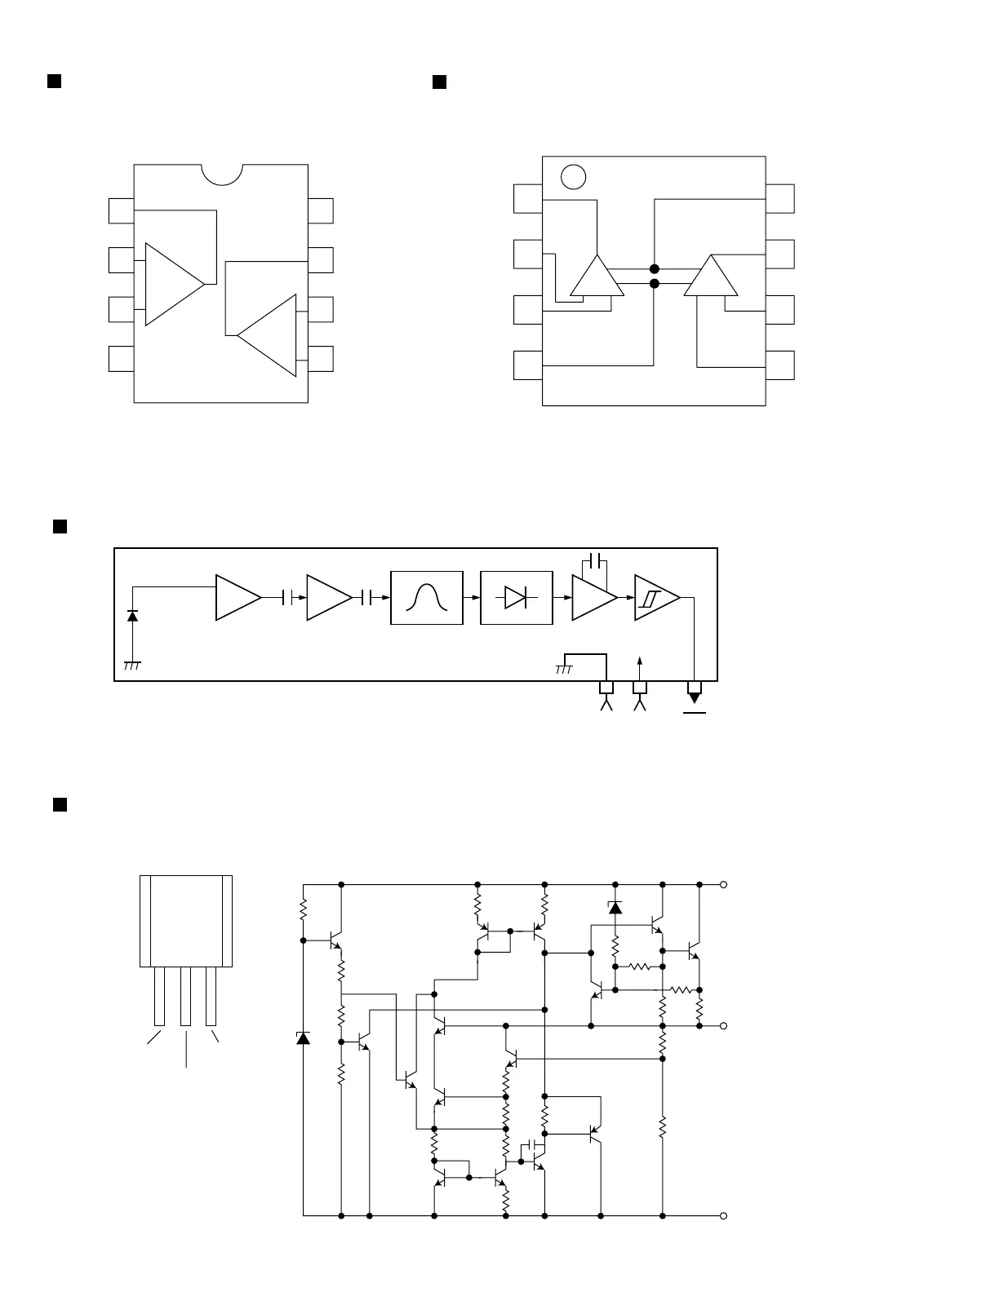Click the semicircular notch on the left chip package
(x=221, y=173)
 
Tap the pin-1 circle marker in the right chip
(x=574, y=176)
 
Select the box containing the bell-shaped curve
(x=427, y=598)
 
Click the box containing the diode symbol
(x=516, y=598)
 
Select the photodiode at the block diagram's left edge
(x=132, y=616)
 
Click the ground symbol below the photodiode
(x=132, y=666)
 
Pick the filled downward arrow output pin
(x=695, y=697)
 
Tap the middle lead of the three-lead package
(x=186, y=995)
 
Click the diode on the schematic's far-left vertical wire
(x=303, y=1038)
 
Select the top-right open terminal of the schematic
(x=723, y=884)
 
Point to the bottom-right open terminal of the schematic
(x=723, y=1216)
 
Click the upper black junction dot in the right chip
(x=654, y=269)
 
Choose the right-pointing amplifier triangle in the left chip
(x=171, y=284)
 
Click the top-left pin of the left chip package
(x=121, y=210)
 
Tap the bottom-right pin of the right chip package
(x=780, y=365)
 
